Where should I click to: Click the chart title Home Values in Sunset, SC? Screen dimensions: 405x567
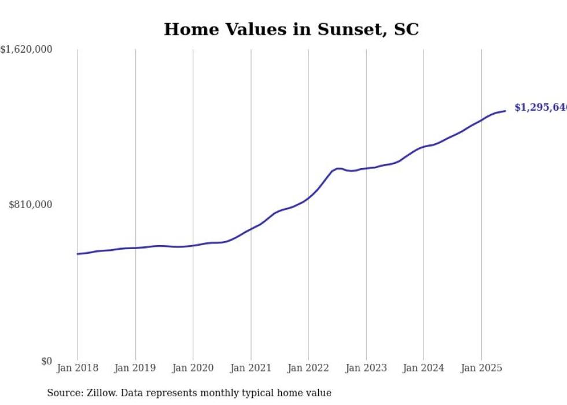point(291,30)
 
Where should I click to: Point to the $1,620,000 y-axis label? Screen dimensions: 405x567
point(27,50)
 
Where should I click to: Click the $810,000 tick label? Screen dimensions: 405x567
point(31,205)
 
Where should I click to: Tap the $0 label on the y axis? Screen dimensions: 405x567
point(46,361)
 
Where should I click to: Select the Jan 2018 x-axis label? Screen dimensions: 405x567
point(78,368)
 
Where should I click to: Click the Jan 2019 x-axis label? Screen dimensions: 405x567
point(135,368)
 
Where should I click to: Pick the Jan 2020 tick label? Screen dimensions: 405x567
point(193,368)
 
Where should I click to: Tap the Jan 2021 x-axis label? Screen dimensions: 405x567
point(251,368)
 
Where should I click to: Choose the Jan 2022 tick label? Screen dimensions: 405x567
point(308,368)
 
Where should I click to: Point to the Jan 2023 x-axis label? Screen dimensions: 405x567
point(366,368)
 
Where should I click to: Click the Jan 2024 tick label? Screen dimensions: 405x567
point(424,368)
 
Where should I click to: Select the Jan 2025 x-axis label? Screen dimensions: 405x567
point(481,368)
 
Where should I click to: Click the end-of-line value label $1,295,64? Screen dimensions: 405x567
point(540,108)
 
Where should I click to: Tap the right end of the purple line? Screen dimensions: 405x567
point(505,111)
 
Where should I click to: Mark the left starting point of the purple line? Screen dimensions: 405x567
point(78,254)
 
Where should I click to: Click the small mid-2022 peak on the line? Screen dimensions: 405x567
point(338,168)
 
